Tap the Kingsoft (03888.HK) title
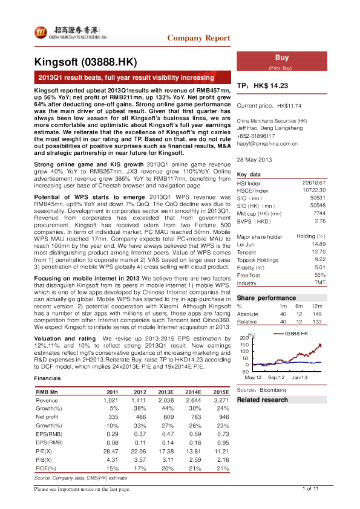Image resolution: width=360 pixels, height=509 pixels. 87,62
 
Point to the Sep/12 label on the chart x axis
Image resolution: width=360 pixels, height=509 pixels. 275,377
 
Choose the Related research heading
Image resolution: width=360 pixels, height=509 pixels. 263,400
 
